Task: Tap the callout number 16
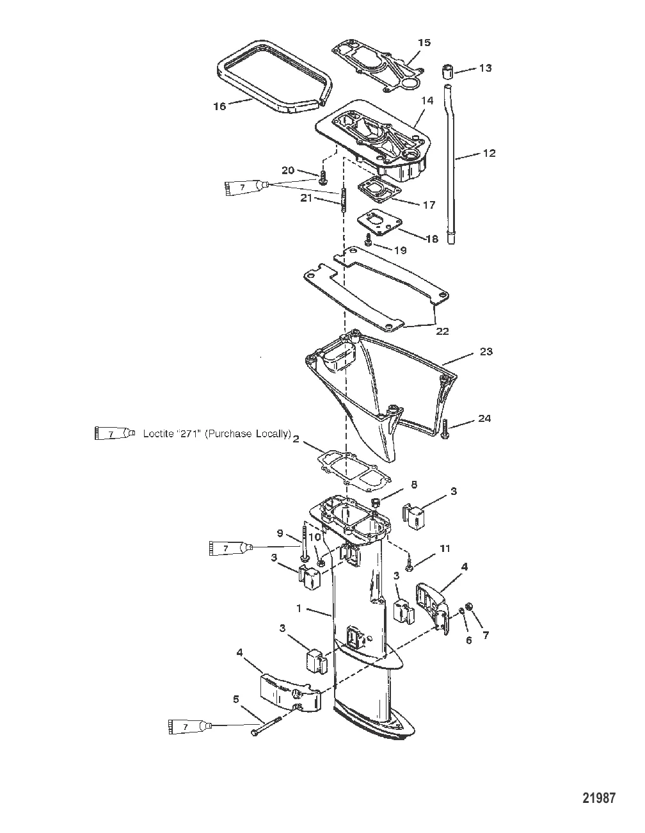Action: (220, 106)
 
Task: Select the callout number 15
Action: (424, 42)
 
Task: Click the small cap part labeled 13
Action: (448, 72)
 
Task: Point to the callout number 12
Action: (489, 153)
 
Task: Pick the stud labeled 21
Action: (342, 199)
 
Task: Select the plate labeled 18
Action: (378, 223)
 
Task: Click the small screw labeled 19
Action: (368, 239)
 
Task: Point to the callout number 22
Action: (442, 331)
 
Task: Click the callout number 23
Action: (486, 352)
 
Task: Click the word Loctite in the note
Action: (161, 433)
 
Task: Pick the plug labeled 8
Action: (376, 503)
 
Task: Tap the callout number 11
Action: (444, 549)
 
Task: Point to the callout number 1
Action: (299, 608)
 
